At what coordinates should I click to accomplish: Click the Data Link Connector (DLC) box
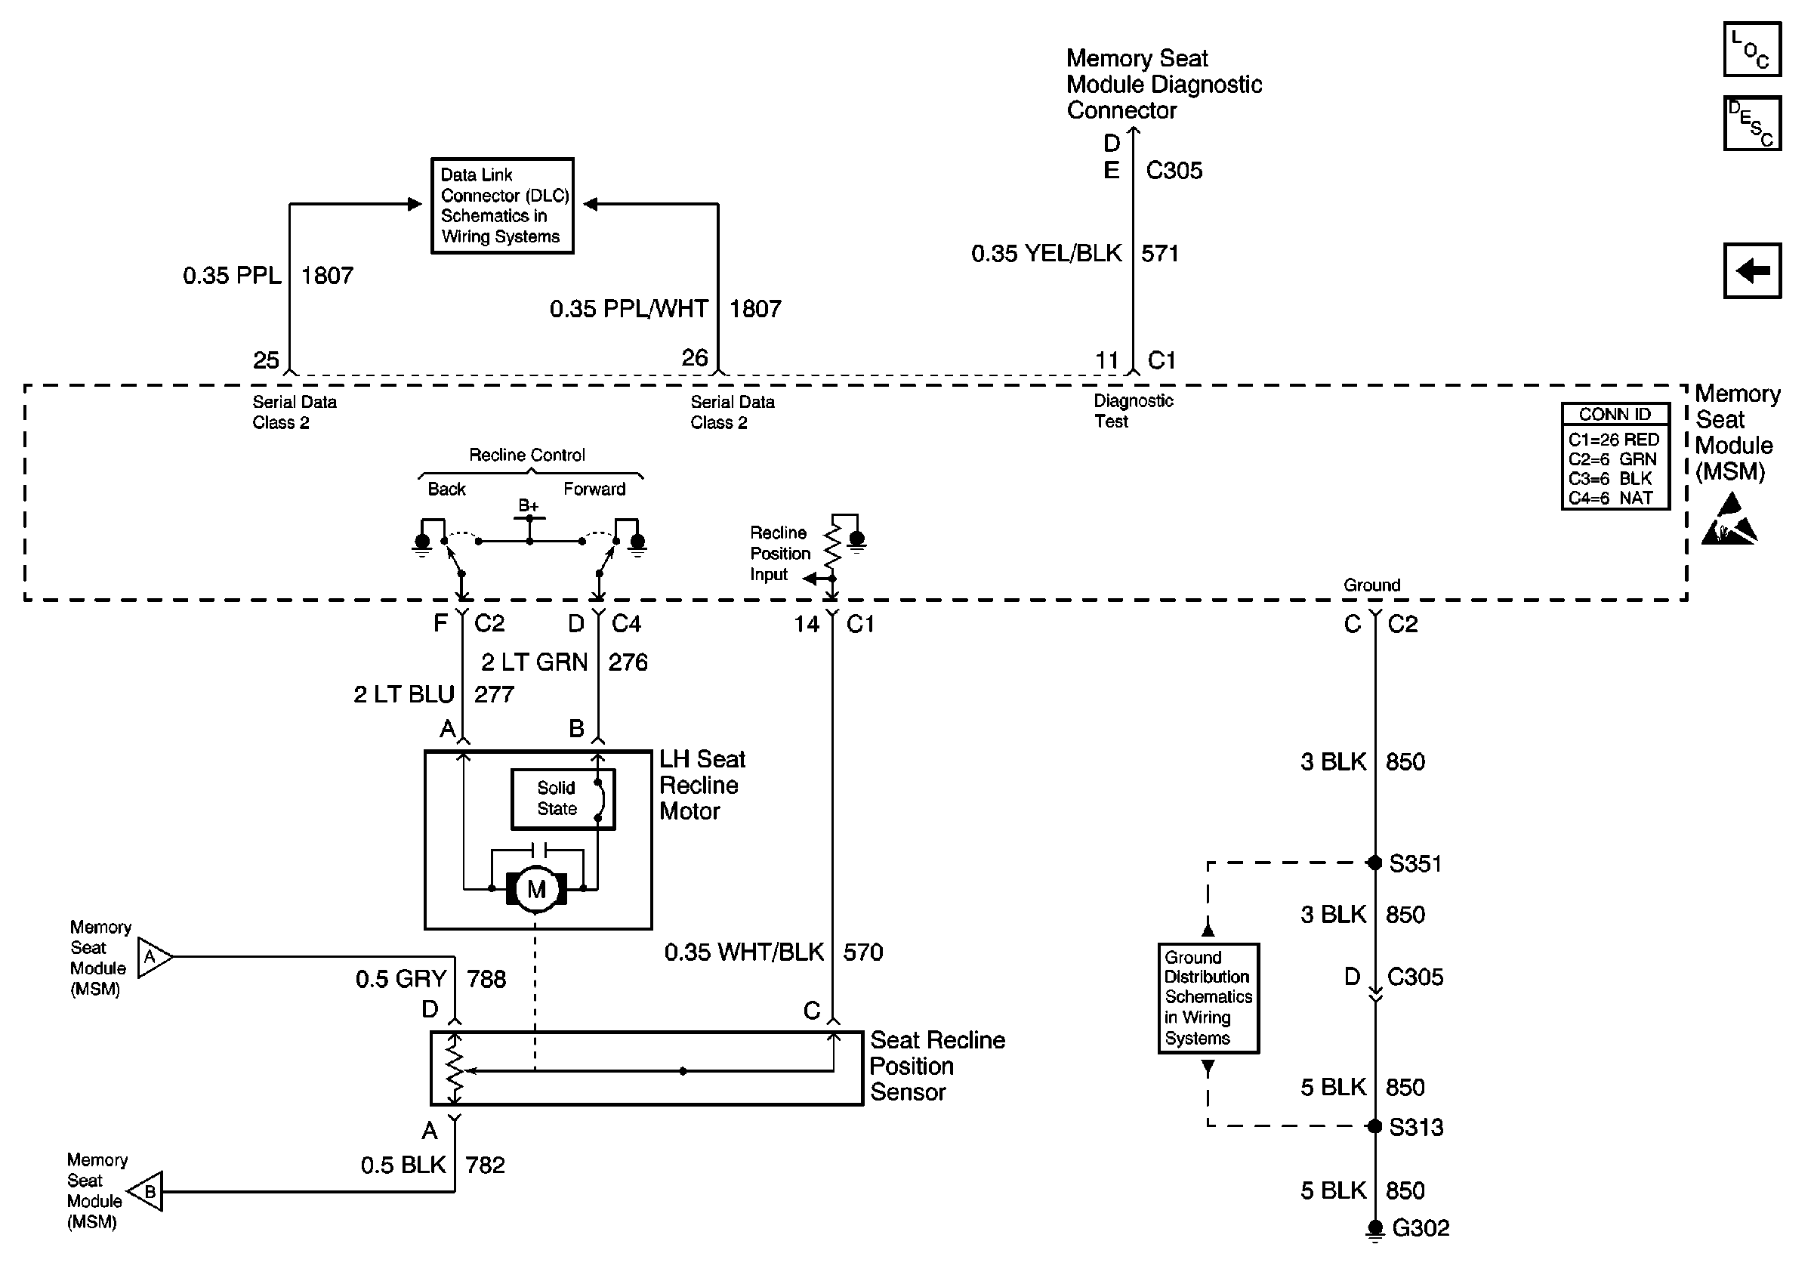click(x=502, y=205)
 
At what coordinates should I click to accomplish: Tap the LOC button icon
click(x=1752, y=49)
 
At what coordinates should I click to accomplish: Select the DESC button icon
click(x=1752, y=123)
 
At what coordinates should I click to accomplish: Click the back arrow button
click(x=1752, y=271)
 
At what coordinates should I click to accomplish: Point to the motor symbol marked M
click(x=536, y=890)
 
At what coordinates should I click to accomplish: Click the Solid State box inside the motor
click(x=563, y=798)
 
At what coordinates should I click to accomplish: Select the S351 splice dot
click(x=1374, y=863)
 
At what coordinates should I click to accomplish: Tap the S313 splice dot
click(x=1374, y=1125)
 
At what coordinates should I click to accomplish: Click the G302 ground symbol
click(x=1374, y=1230)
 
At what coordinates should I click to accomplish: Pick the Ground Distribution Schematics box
click(x=1208, y=998)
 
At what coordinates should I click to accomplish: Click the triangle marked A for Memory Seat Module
click(x=155, y=957)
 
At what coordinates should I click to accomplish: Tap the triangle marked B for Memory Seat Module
click(x=145, y=1191)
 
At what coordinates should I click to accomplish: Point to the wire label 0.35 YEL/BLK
click(x=1046, y=253)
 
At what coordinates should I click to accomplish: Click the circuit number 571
click(x=1160, y=253)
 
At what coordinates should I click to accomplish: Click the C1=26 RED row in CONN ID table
click(x=1614, y=440)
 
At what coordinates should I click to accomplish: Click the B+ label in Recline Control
click(x=529, y=505)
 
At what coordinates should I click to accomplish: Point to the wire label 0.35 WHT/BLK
click(x=744, y=952)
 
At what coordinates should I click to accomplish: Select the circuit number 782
click(x=485, y=1165)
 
